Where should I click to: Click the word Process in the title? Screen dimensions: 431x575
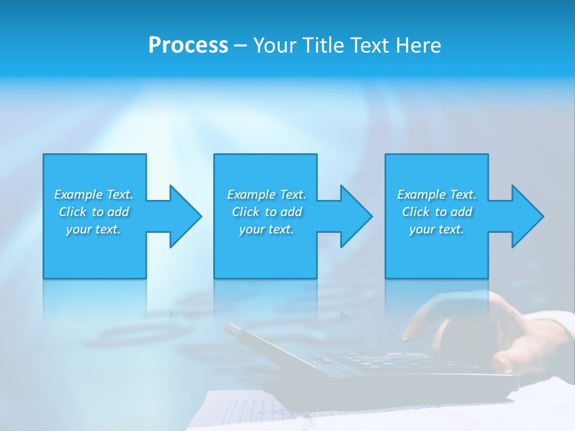click(188, 45)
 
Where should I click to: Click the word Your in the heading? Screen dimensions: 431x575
click(276, 45)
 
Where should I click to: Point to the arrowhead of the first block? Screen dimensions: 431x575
click(185, 216)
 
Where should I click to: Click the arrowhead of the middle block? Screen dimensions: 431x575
click(356, 216)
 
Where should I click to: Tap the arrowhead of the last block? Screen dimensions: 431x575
click(527, 216)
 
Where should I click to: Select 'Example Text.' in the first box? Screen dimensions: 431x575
click(93, 195)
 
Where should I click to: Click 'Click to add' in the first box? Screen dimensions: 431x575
click(94, 212)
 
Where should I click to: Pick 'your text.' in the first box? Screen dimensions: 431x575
click(93, 229)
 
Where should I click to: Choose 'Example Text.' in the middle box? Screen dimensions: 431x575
click(267, 195)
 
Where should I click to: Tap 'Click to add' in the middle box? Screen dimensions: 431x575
click(267, 212)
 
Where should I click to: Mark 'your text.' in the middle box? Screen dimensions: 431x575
click(267, 229)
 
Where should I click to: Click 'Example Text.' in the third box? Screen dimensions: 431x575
click(437, 195)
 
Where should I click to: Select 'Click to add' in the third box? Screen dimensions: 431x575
click(437, 212)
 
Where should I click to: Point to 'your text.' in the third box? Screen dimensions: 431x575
click(437, 229)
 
